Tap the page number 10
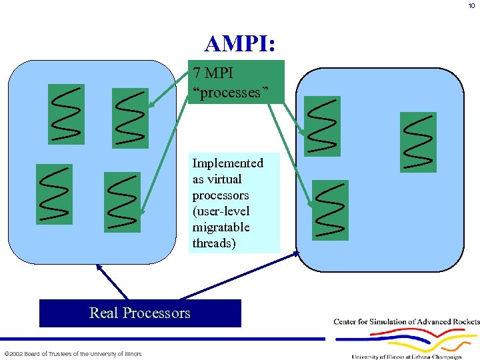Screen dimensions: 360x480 pos(471,7)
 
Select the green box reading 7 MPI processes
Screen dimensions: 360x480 pos(237,82)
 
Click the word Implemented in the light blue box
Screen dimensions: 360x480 pos(227,163)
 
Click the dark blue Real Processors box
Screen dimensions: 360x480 pos(140,313)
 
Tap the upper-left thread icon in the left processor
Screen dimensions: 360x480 pos(66,114)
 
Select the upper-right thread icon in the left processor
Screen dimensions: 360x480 pos(130,119)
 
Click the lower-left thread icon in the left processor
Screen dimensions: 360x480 pos(54,194)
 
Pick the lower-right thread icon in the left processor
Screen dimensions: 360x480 pos(122,202)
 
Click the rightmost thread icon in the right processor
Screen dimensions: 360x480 pos(418,142)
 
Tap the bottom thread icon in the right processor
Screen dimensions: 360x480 pos(331,209)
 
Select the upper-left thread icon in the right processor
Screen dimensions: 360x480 pos(322,126)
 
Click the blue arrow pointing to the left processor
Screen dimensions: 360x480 pos(111,280)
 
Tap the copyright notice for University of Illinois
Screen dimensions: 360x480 pos(73,353)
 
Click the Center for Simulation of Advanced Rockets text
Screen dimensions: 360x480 pos(406,322)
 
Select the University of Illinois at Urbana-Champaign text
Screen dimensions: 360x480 pos(406,357)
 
